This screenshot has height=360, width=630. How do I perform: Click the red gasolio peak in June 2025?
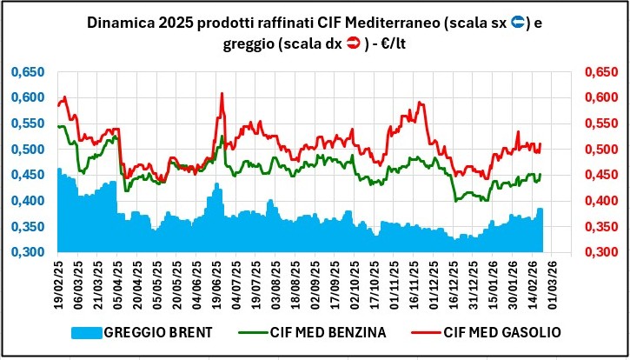point(222,94)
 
